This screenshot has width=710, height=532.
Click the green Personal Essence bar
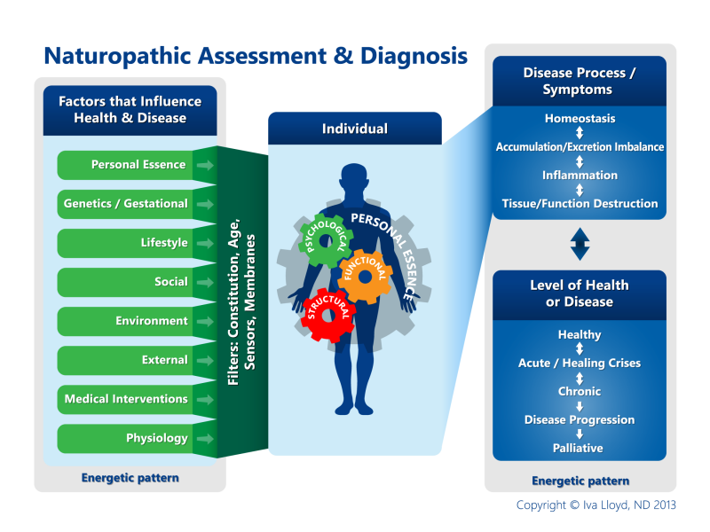coord(133,165)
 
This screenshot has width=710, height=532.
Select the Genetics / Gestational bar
coord(133,204)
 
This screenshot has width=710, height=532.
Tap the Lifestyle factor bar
coord(133,243)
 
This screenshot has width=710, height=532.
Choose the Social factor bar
coord(133,282)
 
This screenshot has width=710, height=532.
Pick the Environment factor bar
coord(133,321)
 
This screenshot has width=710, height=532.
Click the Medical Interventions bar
coord(133,399)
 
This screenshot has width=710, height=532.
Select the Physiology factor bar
coord(133,438)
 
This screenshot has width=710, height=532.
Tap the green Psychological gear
coord(324,238)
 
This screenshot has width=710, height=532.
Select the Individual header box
coord(354,129)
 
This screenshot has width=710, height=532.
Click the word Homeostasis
coord(580,118)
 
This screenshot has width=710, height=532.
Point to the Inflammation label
coord(580,175)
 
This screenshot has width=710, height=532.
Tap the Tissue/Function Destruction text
coord(580,203)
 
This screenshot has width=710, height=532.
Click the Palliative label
coord(580,448)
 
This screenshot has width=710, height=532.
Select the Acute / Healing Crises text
coord(580,363)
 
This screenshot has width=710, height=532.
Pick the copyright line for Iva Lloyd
coord(596,505)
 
